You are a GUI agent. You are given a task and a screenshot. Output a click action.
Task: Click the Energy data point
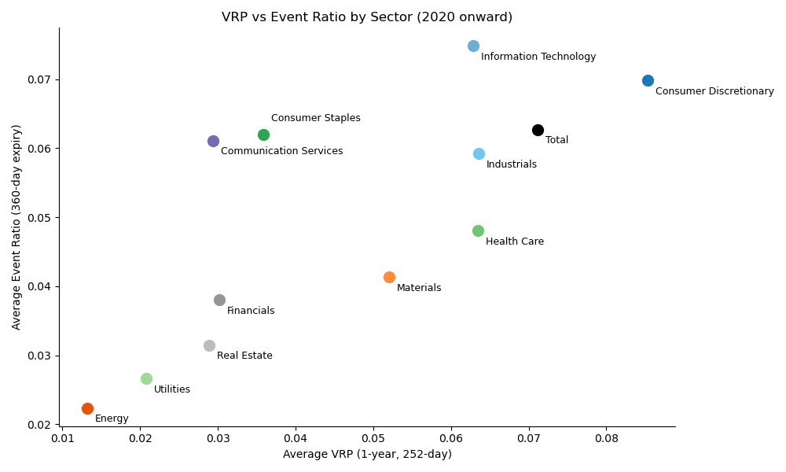click(x=87, y=408)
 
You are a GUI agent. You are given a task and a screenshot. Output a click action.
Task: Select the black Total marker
click(x=538, y=130)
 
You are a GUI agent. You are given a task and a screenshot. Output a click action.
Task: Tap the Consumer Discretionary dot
click(x=648, y=80)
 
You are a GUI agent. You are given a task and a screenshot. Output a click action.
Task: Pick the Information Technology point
click(x=473, y=46)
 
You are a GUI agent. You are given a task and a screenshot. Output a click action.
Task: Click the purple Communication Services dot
click(x=213, y=141)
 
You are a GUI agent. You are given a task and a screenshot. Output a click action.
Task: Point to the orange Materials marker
click(x=389, y=277)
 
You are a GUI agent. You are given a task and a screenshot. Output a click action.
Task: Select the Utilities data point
click(x=146, y=378)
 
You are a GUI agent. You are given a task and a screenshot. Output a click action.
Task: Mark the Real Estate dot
click(x=209, y=345)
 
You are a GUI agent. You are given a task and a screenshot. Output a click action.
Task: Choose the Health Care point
click(x=478, y=230)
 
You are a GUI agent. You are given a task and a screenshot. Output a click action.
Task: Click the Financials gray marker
click(x=219, y=300)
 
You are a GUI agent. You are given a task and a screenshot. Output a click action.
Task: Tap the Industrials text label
click(x=511, y=164)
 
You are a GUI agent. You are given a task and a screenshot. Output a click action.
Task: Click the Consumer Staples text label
click(x=315, y=118)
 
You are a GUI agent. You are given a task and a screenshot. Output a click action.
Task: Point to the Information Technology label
click(x=538, y=57)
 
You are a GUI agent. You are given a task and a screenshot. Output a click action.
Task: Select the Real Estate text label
click(x=244, y=356)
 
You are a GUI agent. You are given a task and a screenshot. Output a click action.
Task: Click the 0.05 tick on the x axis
click(x=373, y=437)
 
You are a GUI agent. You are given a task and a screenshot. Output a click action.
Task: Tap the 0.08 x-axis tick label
click(x=606, y=437)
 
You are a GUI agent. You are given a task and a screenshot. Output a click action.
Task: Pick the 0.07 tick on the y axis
click(x=40, y=79)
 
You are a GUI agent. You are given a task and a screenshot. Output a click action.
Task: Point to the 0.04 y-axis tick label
click(x=40, y=286)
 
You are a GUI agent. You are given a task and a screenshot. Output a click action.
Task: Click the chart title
click(x=366, y=17)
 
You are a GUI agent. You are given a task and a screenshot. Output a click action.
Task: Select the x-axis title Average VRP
click(x=367, y=454)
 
